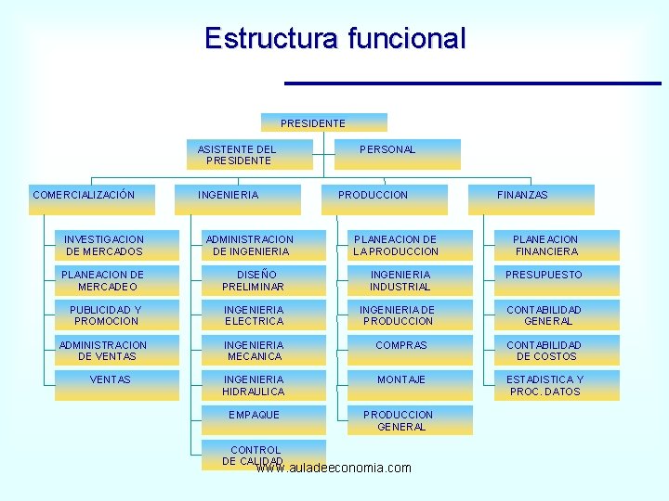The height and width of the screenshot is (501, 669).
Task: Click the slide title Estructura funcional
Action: coord(334,39)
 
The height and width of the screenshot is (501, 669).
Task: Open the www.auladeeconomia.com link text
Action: coord(333,469)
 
